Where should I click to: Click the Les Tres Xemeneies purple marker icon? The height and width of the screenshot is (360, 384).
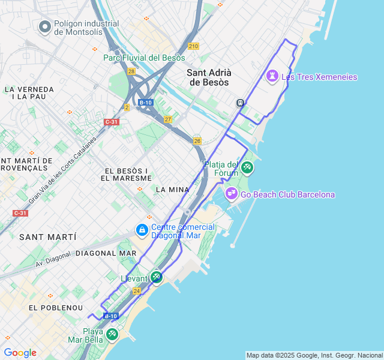point(273,76)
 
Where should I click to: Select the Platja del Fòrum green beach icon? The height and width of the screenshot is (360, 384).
point(247,167)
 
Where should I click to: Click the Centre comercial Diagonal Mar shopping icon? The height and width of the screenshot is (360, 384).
point(142,230)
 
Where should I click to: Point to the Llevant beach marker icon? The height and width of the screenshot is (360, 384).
point(156,277)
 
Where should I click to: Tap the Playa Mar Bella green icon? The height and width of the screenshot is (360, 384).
point(112,334)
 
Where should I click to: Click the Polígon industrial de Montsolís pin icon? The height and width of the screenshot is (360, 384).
point(44,26)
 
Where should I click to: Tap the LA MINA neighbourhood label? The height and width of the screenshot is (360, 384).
point(172,190)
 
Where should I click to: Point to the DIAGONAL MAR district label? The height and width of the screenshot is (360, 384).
point(106,253)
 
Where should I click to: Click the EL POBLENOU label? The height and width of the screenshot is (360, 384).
point(55,307)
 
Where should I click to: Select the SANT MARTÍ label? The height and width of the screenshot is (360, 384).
point(47,237)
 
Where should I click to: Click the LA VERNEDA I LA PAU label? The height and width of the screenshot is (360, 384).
point(29,92)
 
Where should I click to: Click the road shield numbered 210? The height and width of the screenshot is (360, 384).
point(193,46)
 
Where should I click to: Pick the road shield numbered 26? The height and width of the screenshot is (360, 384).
point(197,141)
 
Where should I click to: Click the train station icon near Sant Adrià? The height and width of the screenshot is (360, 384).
point(240,103)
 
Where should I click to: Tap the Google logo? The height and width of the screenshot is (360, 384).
point(20,353)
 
